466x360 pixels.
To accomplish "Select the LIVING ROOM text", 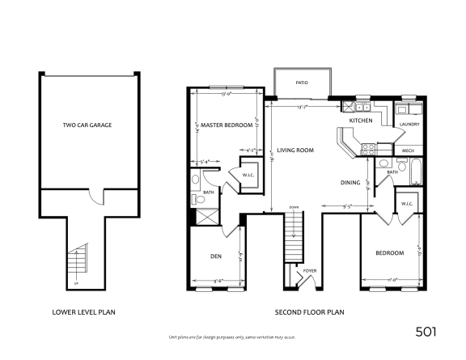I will click(294, 150).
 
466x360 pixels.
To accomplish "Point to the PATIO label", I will click(301, 83).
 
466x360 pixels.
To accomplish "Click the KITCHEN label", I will click(360, 121).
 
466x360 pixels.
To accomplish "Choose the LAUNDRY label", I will click(408, 124).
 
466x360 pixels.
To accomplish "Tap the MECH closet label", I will click(408, 150).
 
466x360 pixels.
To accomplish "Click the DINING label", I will click(349, 182).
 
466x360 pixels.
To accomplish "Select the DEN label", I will click(216, 256).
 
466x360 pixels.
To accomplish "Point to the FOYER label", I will click(309, 271).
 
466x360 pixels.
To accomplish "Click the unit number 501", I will click(429, 331).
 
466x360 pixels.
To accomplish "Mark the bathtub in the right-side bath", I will click(416, 172).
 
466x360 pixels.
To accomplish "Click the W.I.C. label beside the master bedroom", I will click(248, 175).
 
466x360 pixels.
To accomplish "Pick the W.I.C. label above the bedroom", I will click(406, 203).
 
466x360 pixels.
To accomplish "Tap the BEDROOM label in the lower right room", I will click(389, 253).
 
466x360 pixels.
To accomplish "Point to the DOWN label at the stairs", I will click(294, 208).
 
